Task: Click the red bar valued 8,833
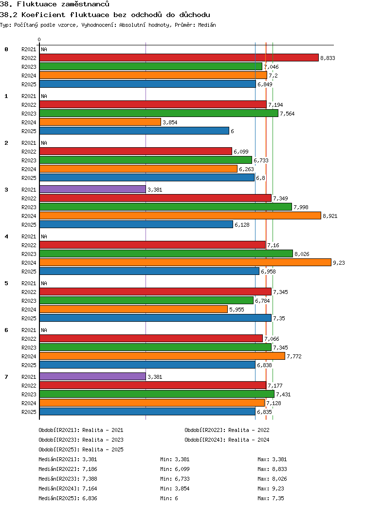pyautogui.click(x=179, y=58)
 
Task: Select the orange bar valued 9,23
pyautogui.click(x=185, y=263)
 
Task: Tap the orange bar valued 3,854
pyautogui.click(x=100, y=122)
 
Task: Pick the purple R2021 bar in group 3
pyautogui.click(x=92, y=190)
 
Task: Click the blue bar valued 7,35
pyautogui.click(x=155, y=318)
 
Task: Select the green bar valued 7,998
pyautogui.click(x=165, y=207)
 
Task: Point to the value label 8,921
pyautogui.click(x=330, y=216)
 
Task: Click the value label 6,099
pyautogui.click(x=241, y=152)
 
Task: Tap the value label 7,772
pyautogui.click(x=294, y=356)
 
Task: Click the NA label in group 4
pyautogui.click(x=44, y=237)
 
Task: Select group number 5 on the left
pyautogui.click(x=6, y=283)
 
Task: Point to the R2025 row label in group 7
pyautogui.click(x=29, y=412)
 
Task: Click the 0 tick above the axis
pyautogui.click(x=39, y=39)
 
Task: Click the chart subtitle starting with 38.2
pyautogui.click(x=105, y=15)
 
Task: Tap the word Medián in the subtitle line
pyautogui.click(x=207, y=25)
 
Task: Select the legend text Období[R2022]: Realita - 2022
pyautogui.click(x=227, y=430)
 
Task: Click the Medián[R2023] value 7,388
pyautogui.click(x=90, y=479)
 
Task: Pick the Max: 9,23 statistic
pyautogui.click(x=271, y=488)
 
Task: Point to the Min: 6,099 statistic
pyautogui.click(x=175, y=469)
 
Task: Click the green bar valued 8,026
pyautogui.click(x=166, y=254)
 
